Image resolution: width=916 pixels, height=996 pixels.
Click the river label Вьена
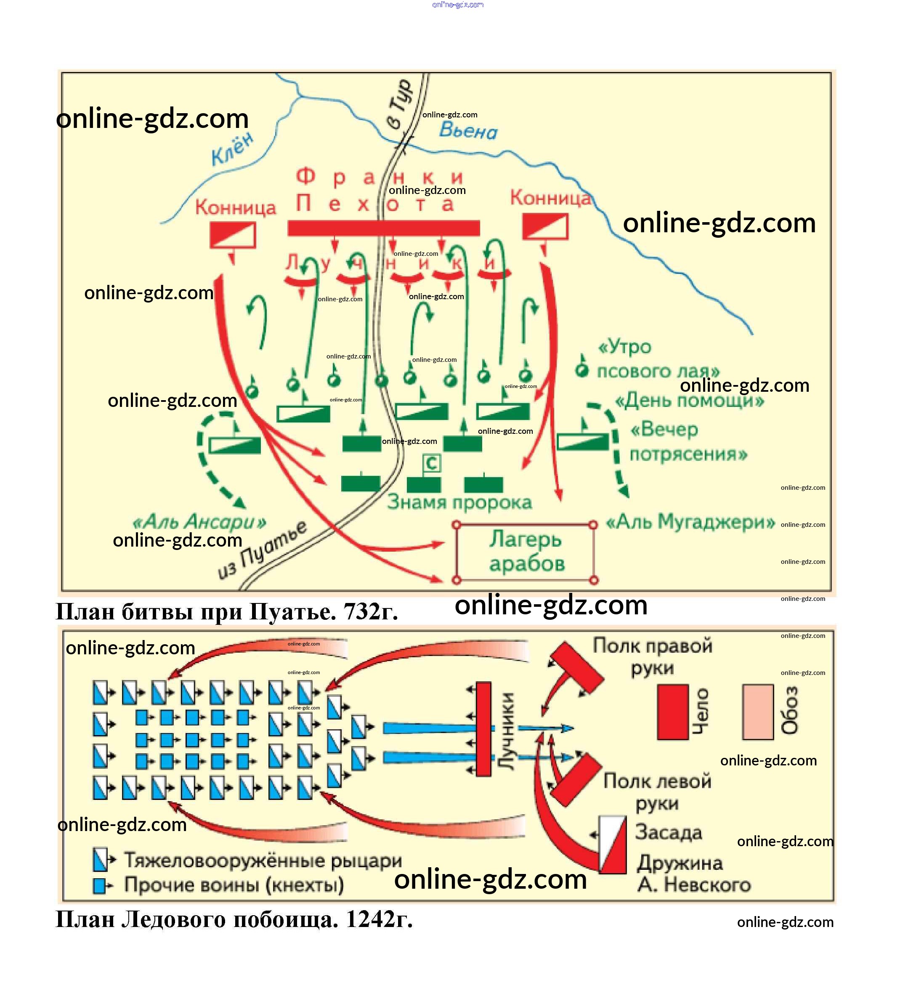click(468, 130)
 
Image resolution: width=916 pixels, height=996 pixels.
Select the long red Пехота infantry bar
click(384, 228)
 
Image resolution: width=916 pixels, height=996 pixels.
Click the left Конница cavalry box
click(232, 234)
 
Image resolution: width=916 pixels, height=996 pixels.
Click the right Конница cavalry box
click(545, 226)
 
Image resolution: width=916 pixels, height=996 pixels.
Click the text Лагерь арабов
click(526, 551)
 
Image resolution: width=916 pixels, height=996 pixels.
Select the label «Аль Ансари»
click(199, 521)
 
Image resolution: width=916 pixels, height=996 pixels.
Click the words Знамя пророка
click(459, 502)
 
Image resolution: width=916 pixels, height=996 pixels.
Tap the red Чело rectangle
click(673, 712)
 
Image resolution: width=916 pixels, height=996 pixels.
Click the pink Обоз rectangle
click(757, 712)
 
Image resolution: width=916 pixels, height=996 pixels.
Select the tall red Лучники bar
click(483, 729)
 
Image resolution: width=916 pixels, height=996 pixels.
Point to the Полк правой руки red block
click(576, 667)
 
